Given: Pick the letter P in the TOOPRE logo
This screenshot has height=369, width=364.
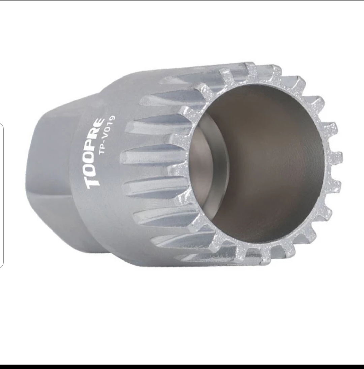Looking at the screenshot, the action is coord(97,147).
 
